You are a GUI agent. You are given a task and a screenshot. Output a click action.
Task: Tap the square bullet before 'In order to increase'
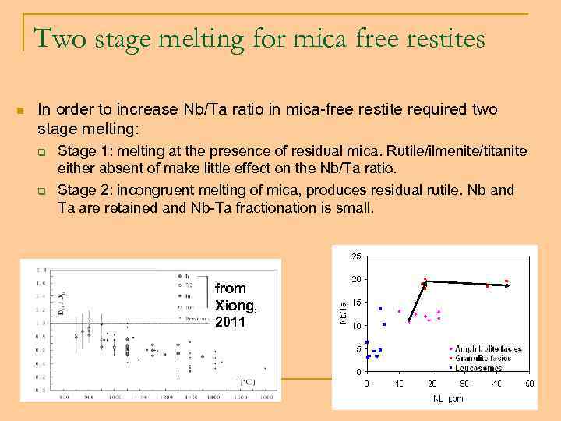tap(22, 110)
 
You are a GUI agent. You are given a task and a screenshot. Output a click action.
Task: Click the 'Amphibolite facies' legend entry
tap(490, 348)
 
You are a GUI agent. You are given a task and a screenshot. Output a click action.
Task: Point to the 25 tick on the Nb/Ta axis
tap(355, 256)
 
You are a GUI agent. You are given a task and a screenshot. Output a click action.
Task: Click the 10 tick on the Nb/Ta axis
tap(355, 326)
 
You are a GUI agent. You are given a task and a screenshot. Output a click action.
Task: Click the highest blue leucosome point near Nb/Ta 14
tap(380, 309)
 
